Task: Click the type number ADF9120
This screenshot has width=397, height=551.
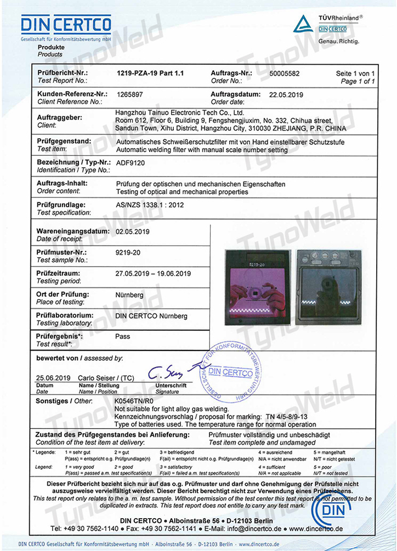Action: (132, 163)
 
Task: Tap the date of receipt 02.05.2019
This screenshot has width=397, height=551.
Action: (133, 231)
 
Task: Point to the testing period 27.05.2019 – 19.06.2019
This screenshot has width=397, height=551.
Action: (153, 273)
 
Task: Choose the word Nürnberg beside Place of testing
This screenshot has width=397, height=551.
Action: (130, 294)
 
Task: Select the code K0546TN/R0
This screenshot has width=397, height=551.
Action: (137, 401)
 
